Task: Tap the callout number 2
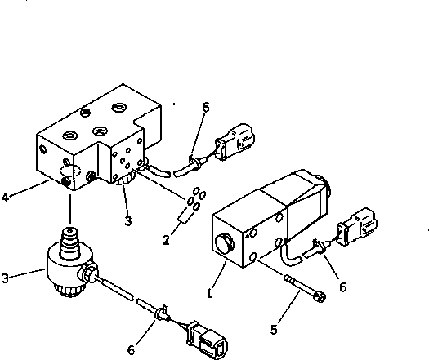(167, 239)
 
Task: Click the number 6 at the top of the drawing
(205, 107)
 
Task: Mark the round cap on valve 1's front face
(224, 242)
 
